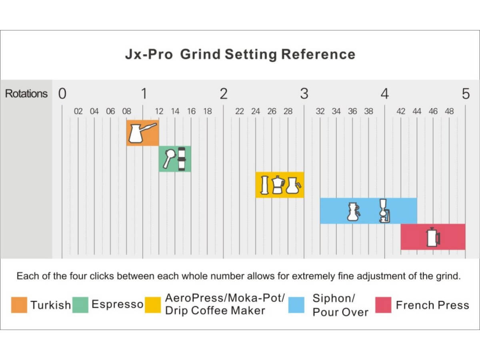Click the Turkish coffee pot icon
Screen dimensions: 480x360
tap(142, 133)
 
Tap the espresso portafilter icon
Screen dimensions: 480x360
tap(170, 159)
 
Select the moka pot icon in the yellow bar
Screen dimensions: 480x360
tap(278, 185)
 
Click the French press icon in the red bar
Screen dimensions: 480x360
tap(433, 237)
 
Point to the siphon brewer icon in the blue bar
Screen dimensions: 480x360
tap(384, 211)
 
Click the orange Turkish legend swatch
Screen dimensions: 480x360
tap(19, 305)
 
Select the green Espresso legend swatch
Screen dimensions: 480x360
tap(80, 305)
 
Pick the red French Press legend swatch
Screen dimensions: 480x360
tap(383, 305)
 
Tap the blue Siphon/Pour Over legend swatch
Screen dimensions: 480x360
tap(296, 305)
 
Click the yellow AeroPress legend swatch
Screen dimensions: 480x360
tap(153, 305)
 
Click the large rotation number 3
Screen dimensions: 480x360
tap(304, 94)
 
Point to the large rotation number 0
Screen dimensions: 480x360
tap(62, 94)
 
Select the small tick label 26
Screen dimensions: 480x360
tap(272, 112)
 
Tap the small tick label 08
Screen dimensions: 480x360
tap(127, 112)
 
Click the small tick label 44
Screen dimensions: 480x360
tap(417, 112)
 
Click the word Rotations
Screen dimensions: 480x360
tap(26, 94)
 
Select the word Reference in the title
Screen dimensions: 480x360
tap(318, 54)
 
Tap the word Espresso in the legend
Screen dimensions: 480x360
tap(118, 304)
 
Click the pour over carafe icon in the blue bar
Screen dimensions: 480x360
tap(353, 212)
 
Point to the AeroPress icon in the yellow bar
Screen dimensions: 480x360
tap(265, 185)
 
